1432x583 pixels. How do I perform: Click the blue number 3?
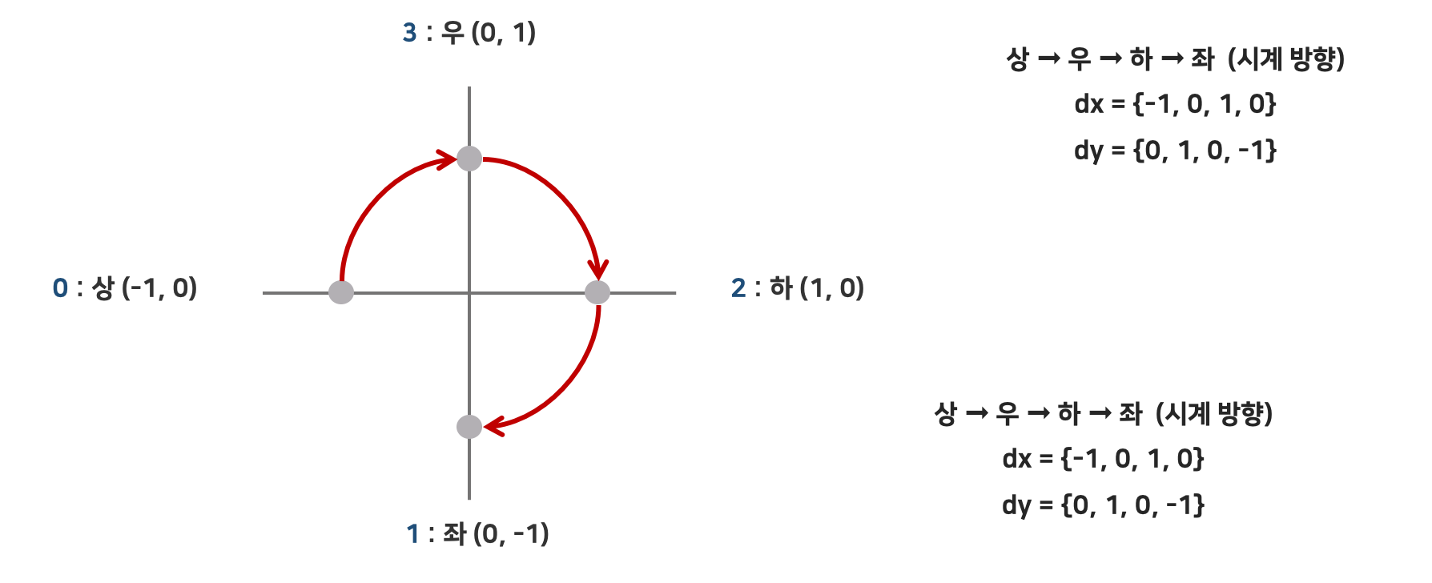(409, 33)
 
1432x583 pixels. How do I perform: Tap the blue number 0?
(60, 288)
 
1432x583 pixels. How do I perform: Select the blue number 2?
(738, 288)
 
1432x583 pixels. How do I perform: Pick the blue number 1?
(413, 534)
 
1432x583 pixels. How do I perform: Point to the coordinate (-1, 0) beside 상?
(159, 288)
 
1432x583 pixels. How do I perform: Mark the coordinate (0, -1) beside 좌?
(511, 534)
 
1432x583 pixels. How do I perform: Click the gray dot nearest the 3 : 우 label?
(469, 159)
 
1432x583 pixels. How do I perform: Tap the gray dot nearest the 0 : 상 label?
(341, 292)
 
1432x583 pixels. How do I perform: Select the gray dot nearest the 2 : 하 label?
(597, 292)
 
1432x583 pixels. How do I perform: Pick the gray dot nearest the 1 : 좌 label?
(469, 426)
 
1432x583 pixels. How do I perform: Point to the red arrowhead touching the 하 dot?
(597, 268)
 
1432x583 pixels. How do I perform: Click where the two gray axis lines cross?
(469, 292)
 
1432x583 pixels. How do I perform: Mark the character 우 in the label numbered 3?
(453, 33)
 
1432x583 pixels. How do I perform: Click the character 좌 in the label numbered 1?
(454, 534)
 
